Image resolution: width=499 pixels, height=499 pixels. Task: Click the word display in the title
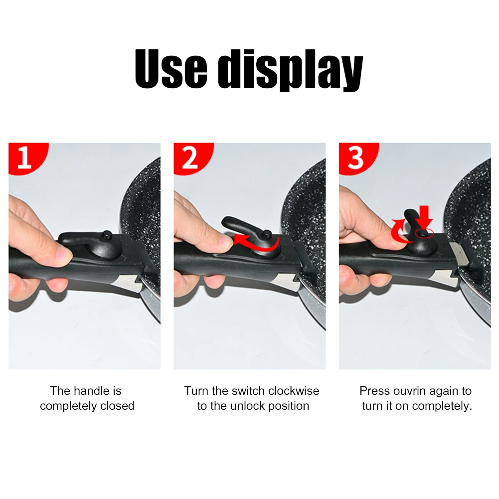(x=291, y=70)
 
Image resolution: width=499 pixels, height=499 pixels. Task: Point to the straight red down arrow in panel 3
(x=425, y=219)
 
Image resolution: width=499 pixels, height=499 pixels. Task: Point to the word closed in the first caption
(x=117, y=406)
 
